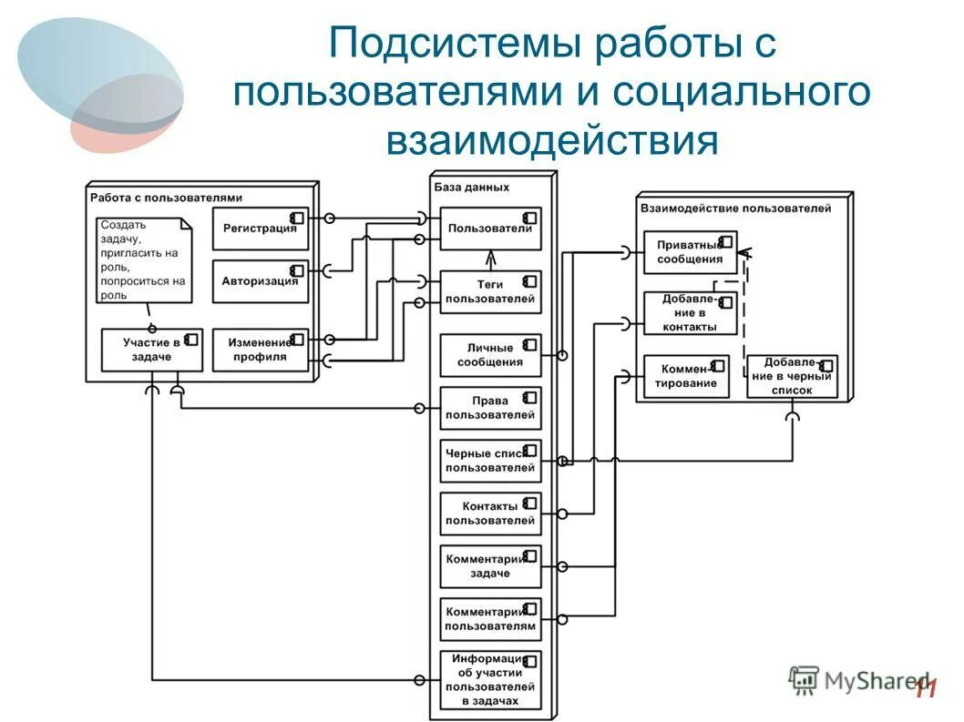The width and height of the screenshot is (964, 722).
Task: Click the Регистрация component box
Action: pos(260,229)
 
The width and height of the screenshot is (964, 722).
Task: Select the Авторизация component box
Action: pos(260,281)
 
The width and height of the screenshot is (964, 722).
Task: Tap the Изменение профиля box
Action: pos(260,350)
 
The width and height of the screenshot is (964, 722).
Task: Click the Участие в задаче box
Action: pos(151,350)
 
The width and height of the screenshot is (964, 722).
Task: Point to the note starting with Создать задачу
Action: pos(143,259)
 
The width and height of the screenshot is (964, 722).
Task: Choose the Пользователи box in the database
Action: pos(490,229)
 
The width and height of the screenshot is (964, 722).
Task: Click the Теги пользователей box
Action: pos(490,291)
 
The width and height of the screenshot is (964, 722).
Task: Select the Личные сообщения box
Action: pos(490,355)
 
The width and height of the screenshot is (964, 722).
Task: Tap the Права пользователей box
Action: pos(490,408)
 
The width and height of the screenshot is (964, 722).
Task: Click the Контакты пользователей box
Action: pos(490,514)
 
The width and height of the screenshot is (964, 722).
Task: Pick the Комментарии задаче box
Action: pos(490,566)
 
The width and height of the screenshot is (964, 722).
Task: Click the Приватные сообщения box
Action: pos(690,251)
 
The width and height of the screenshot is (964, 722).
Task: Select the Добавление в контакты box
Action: pos(690,313)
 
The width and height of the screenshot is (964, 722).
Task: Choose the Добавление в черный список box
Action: pos(791,376)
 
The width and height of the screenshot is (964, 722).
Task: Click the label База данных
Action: pos(471,187)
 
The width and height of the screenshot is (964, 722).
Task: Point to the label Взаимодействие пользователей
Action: pos(735,208)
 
